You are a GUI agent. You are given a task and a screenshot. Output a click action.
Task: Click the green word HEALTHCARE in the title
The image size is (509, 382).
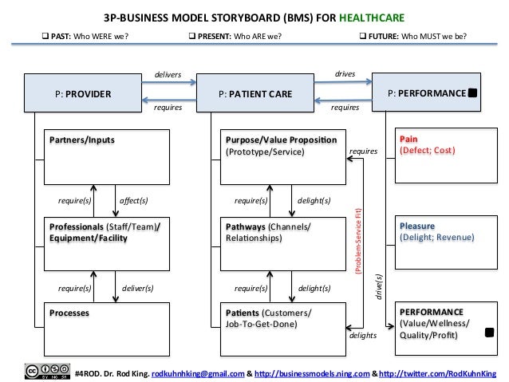click(x=370, y=16)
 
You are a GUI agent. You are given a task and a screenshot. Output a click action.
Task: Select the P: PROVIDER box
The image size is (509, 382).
click(x=82, y=94)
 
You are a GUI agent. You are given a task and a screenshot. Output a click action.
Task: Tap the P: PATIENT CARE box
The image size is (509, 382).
click(x=254, y=94)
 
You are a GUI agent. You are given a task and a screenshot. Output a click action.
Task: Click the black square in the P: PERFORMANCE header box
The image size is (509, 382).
click(x=473, y=93)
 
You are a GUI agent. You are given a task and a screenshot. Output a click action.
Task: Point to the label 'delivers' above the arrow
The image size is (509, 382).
click(x=168, y=75)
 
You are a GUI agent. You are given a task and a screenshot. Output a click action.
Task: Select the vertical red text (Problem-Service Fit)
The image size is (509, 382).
click(x=358, y=240)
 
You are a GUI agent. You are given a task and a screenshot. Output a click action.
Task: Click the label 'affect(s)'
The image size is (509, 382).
click(x=133, y=200)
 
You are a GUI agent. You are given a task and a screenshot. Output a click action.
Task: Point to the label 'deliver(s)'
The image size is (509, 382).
click(x=136, y=287)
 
